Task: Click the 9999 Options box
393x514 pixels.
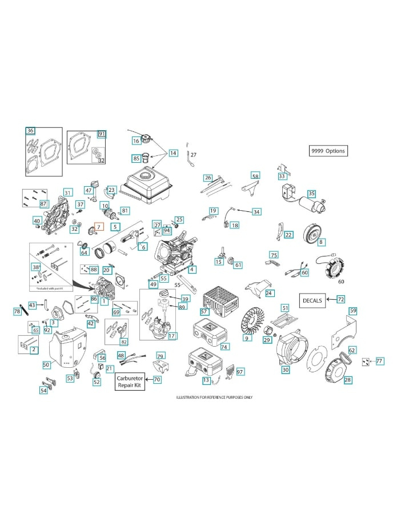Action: click(x=328, y=151)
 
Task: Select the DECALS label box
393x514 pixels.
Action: click(x=312, y=300)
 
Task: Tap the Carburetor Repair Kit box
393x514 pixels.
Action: click(x=130, y=382)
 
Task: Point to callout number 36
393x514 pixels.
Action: click(x=30, y=131)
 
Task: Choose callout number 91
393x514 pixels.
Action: click(x=102, y=134)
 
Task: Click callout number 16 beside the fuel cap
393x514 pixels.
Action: click(x=137, y=140)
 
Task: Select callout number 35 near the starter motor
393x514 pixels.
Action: click(x=311, y=194)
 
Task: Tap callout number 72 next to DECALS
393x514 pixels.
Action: click(x=340, y=299)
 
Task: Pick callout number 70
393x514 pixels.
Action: click(x=157, y=379)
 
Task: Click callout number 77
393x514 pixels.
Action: click(x=379, y=361)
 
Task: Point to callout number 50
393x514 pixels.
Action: click(x=46, y=364)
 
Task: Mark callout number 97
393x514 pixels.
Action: click(x=240, y=372)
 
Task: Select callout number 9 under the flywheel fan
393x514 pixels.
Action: click(x=247, y=339)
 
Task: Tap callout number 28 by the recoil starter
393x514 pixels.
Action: click(x=347, y=379)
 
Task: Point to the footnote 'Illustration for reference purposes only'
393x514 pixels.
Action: click(x=214, y=397)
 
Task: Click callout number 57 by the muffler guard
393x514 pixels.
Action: click(x=204, y=312)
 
